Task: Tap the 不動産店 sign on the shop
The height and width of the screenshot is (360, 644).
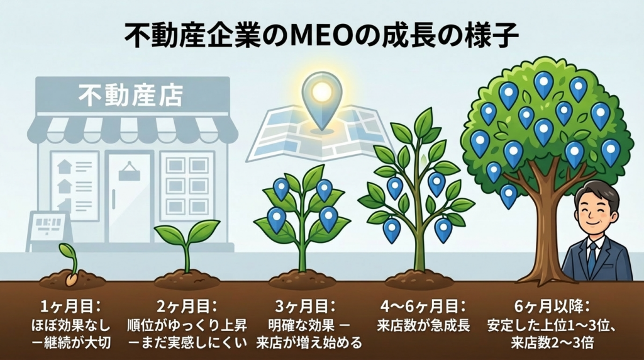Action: pos(131,95)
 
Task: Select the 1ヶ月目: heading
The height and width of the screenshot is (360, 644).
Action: pos(70,306)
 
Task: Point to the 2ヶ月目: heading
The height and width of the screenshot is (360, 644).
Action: pos(186,306)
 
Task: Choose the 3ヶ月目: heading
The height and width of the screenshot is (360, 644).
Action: pos(305,306)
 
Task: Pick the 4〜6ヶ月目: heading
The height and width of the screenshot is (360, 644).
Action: pos(423,306)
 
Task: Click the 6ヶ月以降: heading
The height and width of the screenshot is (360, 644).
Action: pos(552,306)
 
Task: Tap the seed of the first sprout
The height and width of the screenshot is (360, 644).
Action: pos(72,279)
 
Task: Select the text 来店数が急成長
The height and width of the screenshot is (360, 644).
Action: pos(423,325)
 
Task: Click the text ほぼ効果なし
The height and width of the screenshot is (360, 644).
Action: pos(70,325)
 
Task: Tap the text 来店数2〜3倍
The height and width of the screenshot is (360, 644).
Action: pos(552,342)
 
